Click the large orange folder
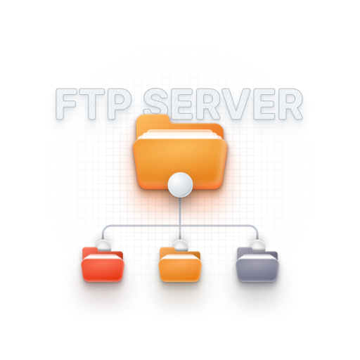[x=180, y=155]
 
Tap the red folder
[x=103, y=266]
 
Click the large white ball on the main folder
[x=180, y=185]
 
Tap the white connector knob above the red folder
[x=103, y=245]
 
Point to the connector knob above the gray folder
[x=257, y=245]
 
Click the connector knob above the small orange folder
[x=180, y=245]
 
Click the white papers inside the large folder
[x=179, y=134]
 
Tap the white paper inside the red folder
[x=103, y=255]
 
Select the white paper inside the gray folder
[x=257, y=255]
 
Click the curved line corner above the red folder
[x=105, y=228]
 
